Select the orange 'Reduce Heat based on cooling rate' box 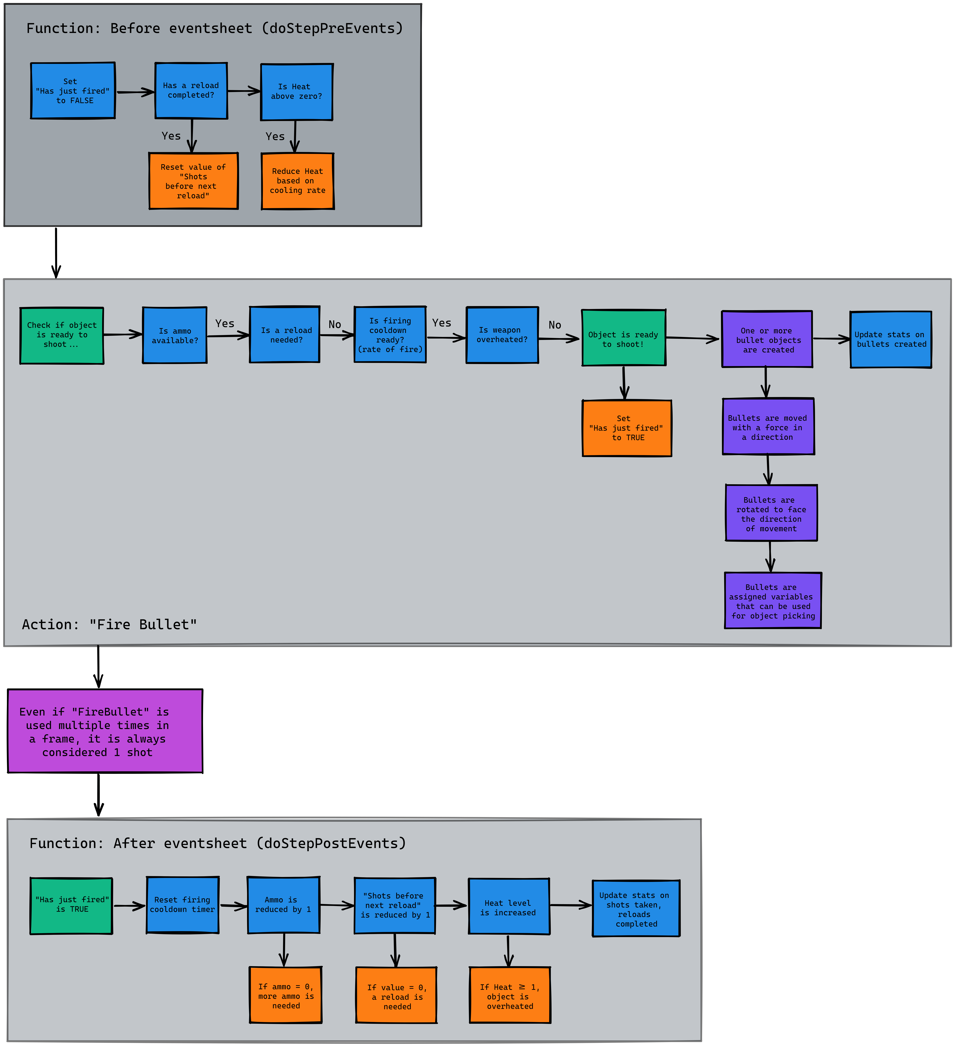[x=298, y=181]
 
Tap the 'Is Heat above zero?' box [x=297, y=92]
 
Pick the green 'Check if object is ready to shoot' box [x=62, y=335]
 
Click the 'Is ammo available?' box [x=175, y=335]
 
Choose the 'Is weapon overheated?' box [x=502, y=335]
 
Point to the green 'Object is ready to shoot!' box [x=623, y=338]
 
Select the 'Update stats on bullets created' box [x=891, y=340]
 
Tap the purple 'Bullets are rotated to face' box [x=771, y=513]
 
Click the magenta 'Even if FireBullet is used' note [x=105, y=731]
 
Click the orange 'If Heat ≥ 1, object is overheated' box [x=510, y=995]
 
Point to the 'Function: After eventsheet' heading [x=218, y=843]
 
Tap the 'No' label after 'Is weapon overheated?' [x=555, y=325]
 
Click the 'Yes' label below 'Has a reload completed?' [x=171, y=136]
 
